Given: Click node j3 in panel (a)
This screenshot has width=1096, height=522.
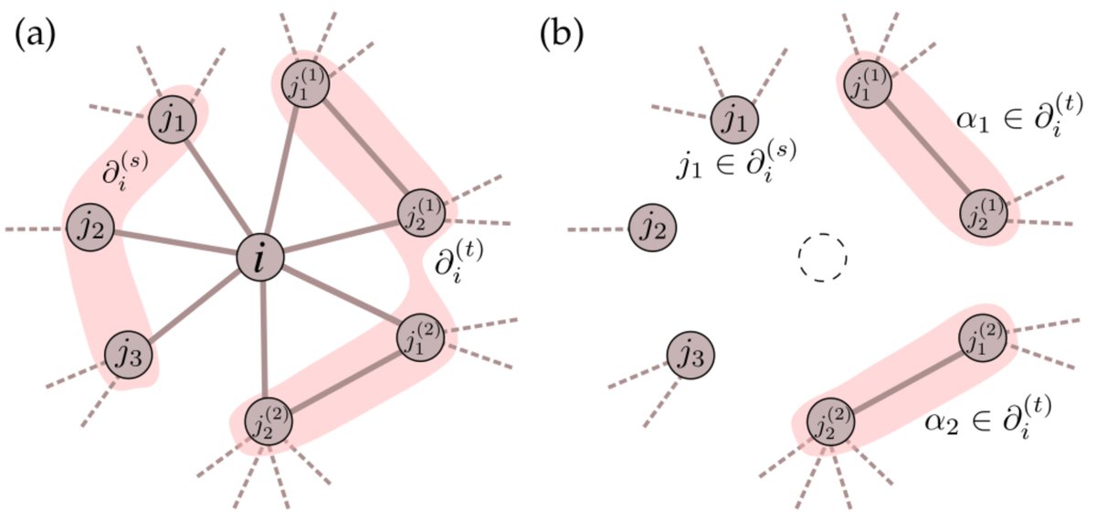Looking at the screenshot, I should point(128,352).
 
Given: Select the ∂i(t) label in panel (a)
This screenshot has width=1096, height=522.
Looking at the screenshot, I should point(459,265).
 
